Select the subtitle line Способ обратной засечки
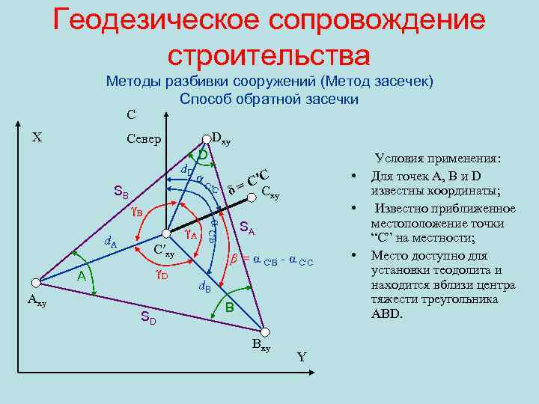(x=269, y=99)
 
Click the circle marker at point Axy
(x=35, y=282)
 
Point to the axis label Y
(x=302, y=357)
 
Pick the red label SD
(x=148, y=319)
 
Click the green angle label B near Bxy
(x=230, y=308)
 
